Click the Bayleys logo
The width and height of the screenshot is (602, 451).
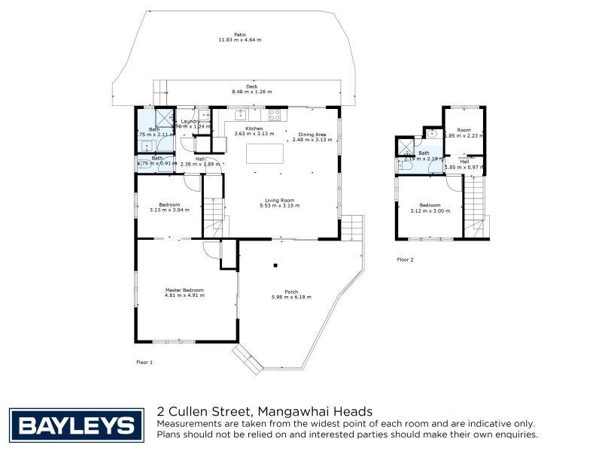point(76,425)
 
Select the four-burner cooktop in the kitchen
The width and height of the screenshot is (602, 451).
point(275,115)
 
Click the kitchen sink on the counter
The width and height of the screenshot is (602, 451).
point(241,115)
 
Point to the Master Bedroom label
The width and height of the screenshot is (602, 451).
point(184,290)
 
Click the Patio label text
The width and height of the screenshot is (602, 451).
point(240,35)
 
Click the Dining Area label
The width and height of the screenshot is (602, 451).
point(312,134)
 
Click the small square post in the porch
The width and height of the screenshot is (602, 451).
point(276,265)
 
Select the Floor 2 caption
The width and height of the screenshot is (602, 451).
point(405,259)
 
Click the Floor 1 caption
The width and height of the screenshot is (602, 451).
point(144,362)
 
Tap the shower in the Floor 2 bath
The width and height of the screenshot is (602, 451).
point(405,146)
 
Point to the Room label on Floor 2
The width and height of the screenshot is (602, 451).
point(463,131)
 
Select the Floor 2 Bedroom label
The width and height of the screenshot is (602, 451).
point(430,205)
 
